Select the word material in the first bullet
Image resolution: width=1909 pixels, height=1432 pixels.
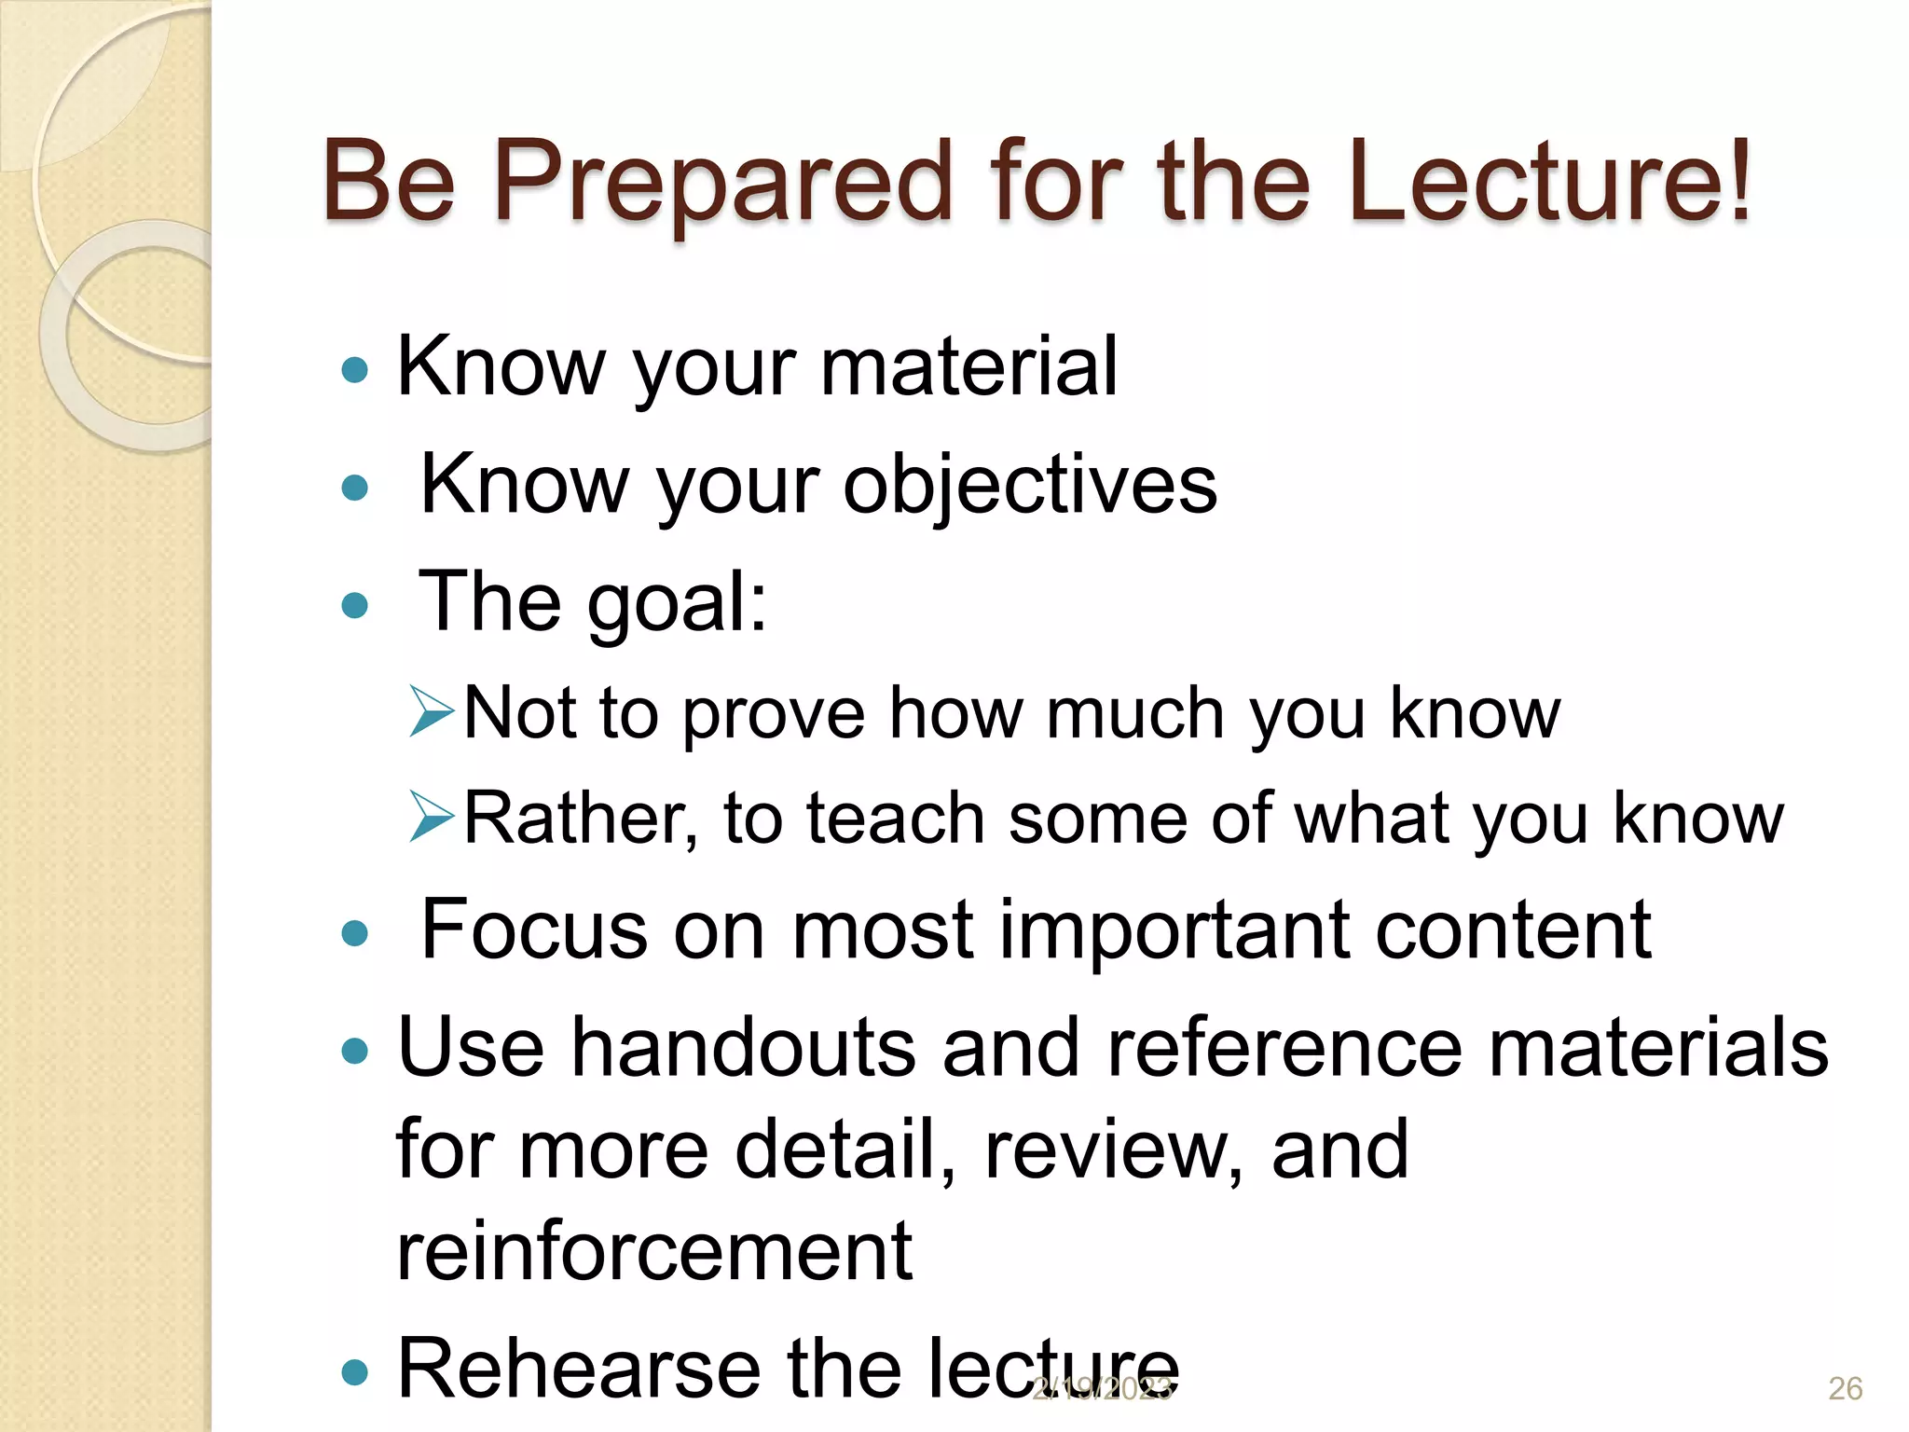[x=968, y=366]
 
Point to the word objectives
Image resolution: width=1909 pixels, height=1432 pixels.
[x=1030, y=485]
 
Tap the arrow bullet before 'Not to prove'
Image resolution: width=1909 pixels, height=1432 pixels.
[x=432, y=713]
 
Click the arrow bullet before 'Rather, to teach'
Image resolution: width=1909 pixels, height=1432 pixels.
[x=432, y=818]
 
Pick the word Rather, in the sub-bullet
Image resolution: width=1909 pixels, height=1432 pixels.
[x=580, y=819]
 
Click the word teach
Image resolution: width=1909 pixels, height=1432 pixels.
[x=895, y=819]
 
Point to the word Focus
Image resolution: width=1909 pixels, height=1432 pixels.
[x=533, y=929]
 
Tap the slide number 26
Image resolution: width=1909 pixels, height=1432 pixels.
[x=1845, y=1388]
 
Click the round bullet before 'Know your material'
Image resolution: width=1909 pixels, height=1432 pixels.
[x=355, y=370]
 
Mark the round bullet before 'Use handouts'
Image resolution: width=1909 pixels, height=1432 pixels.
[x=355, y=1052]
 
